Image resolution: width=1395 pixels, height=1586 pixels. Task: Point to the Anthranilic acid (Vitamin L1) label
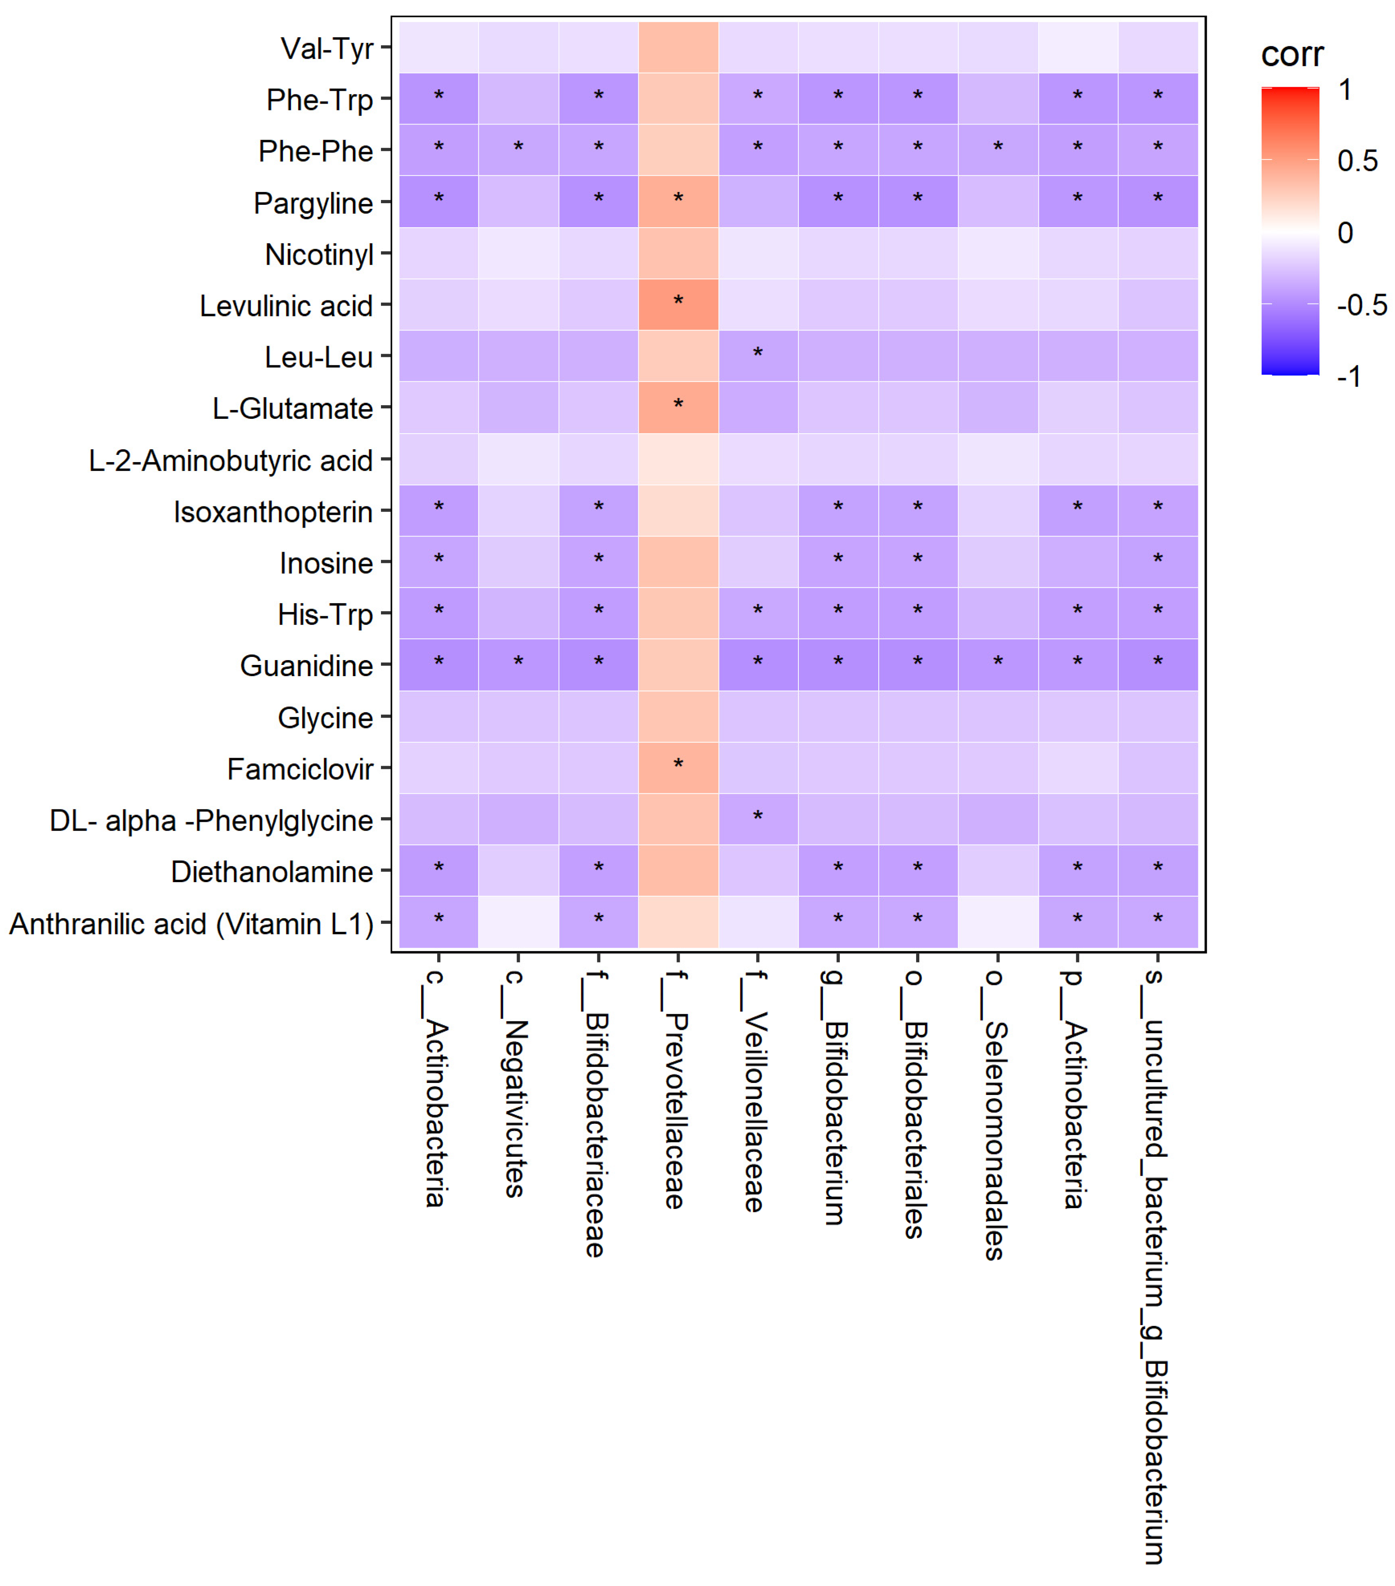pyautogui.click(x=191, y=923)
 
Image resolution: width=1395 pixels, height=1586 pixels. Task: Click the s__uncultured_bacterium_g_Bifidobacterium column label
pyautogui.click(x=1155, y=1265)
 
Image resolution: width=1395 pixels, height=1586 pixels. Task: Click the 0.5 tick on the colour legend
pyautogui.click(x=1357, y=161)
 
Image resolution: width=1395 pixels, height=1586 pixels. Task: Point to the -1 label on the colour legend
pyautogui.click(x=1349, y=376)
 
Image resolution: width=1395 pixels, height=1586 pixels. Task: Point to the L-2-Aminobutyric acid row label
pyautogui.click(x=230, y=460)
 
